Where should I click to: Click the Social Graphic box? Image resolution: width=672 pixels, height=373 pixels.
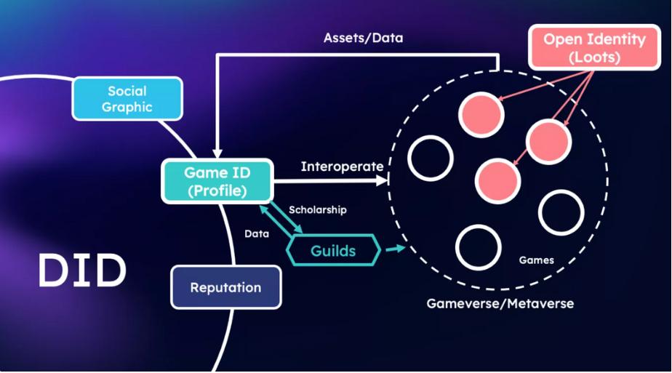click(127, 99)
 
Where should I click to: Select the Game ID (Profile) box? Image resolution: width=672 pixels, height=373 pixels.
click(217, 181)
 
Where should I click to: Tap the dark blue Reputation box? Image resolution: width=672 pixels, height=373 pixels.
click(225, 287)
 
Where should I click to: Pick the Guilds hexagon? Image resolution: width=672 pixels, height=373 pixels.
click(333, 251)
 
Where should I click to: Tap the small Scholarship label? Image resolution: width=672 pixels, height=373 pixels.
click(317, 210)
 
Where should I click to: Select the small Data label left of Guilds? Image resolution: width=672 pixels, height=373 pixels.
click(256, 234)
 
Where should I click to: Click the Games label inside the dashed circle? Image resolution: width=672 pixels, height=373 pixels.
click(537, 260)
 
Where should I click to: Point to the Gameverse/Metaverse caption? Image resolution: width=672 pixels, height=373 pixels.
click(500, 303)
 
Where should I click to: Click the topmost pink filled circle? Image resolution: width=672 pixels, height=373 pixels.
click(481, 113)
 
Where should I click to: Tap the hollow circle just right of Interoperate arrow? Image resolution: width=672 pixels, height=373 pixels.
click(431, 159)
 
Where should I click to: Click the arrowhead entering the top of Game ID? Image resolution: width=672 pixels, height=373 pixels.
click(217, 154)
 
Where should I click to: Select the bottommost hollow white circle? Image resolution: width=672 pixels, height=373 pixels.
click(478, 248)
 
